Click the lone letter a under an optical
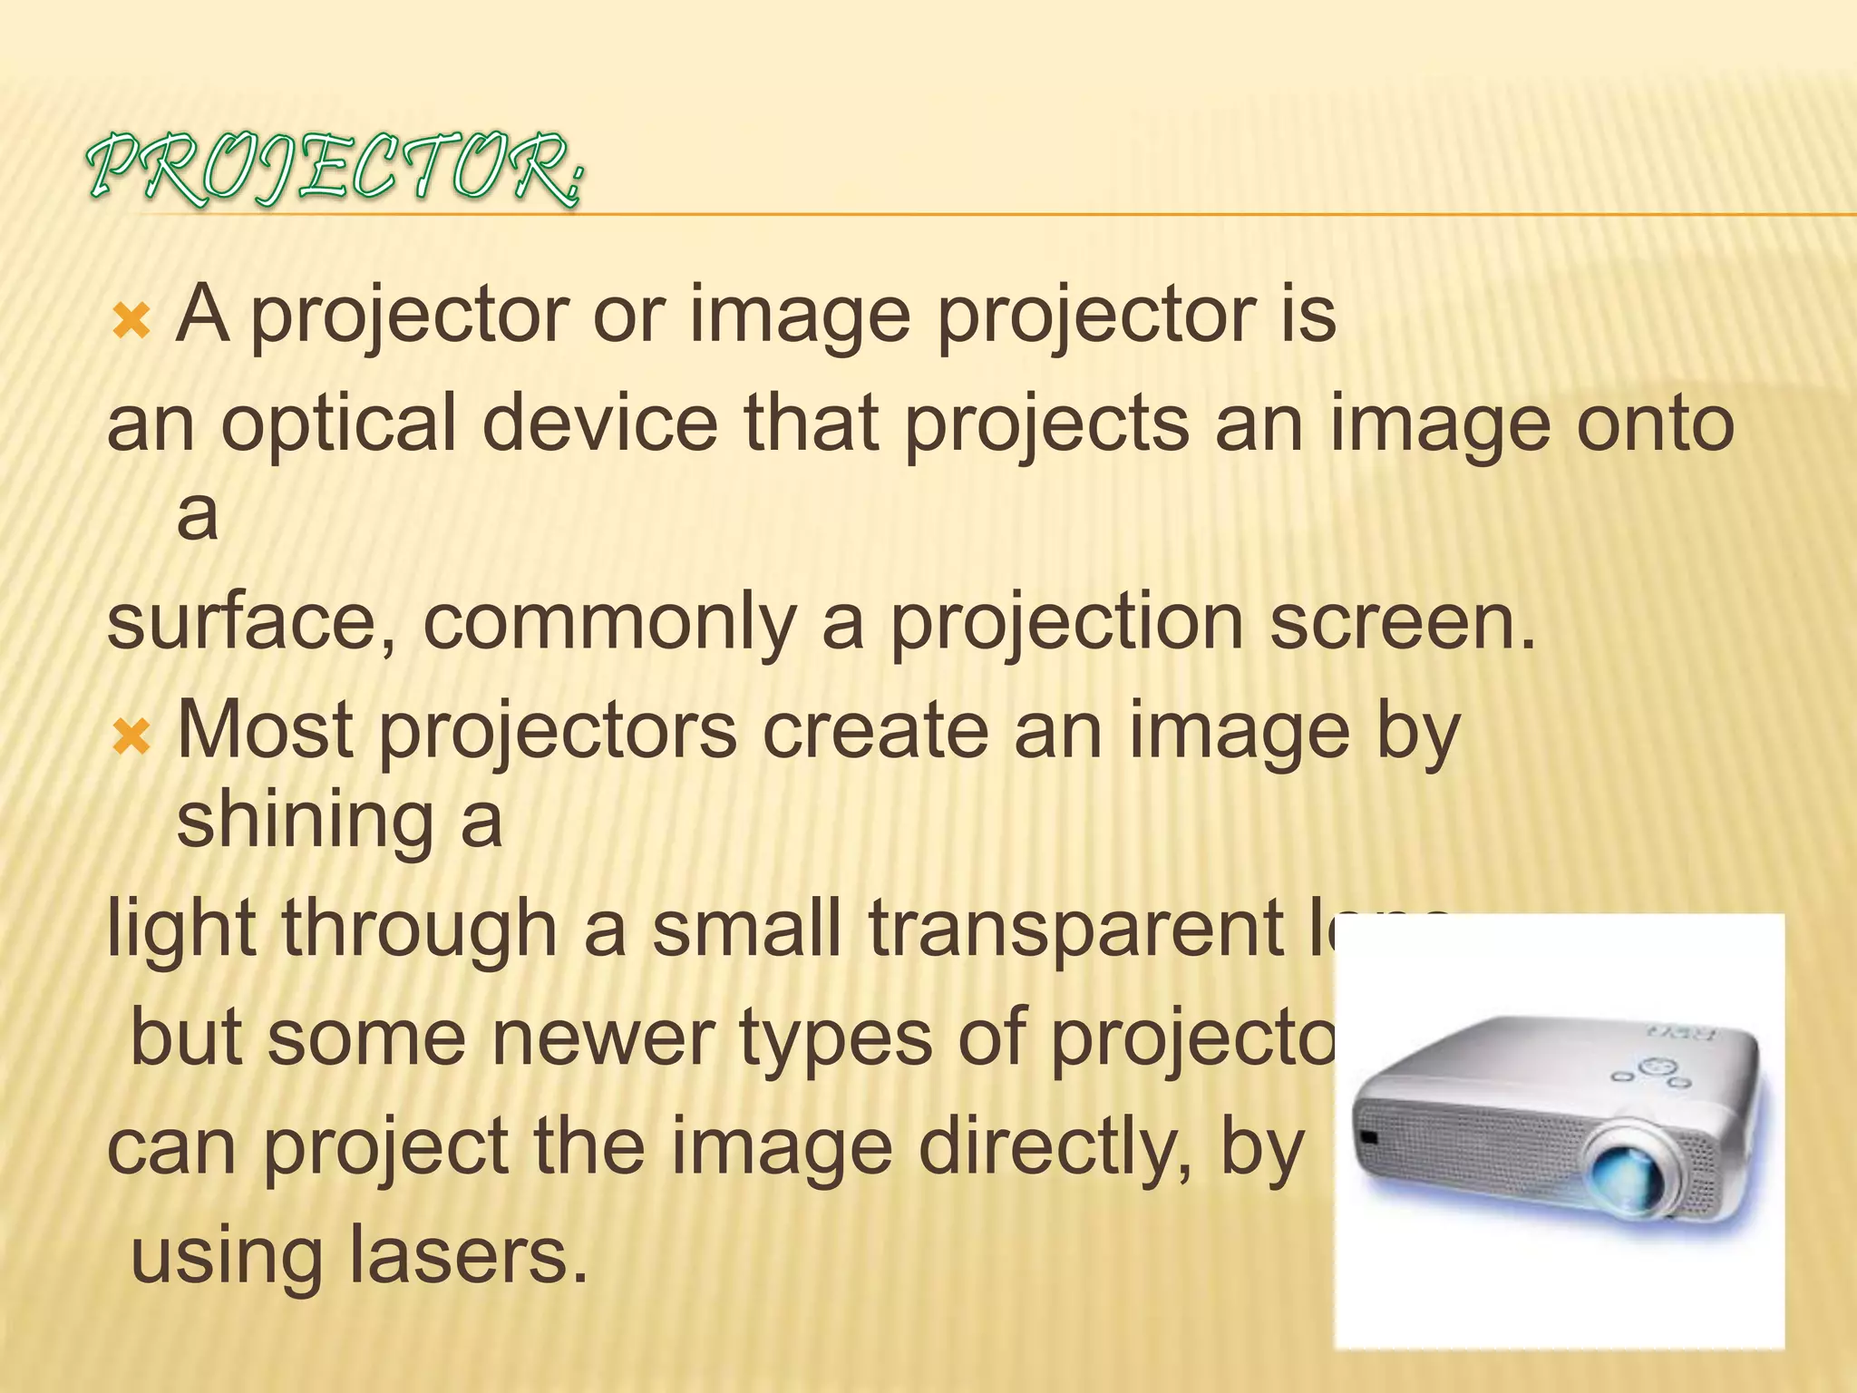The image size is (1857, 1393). pyautogui.click(x=197, y=515)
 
